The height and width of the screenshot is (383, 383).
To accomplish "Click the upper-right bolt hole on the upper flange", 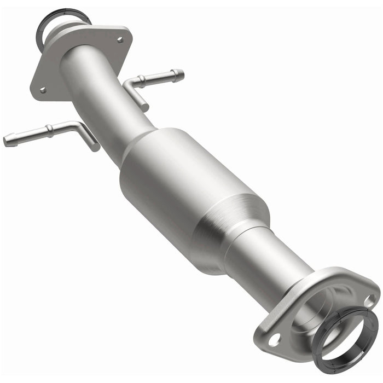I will (x=119, y=39).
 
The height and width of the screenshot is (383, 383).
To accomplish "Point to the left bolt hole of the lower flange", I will (x=274, y=338).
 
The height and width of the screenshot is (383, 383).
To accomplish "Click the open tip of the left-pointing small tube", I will (x=7, y=141).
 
